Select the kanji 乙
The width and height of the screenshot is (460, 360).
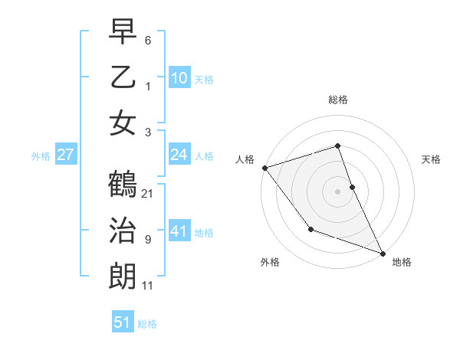click(123, 77)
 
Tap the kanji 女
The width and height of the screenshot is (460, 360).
click(123, 123)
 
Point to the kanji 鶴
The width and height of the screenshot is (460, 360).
click(123, 185)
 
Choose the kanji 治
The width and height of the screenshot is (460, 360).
click(123, 231)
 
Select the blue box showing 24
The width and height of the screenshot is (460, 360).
click(179, 155)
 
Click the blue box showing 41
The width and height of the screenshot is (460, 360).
click(179, 231)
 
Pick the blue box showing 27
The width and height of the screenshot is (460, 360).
click(65, 155)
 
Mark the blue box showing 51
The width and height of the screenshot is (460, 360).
click(123, 322)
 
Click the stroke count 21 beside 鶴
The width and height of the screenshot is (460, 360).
click(148, 193)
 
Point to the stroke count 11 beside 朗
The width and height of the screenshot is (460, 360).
click(147, 286)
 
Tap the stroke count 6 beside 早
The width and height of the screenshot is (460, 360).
click(148, 40)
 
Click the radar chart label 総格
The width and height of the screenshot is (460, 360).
click(338, 100)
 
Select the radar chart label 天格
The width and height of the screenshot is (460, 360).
click(432, 159)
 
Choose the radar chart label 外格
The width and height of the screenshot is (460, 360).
click(270, 262)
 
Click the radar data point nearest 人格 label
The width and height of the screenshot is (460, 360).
click(264, 167)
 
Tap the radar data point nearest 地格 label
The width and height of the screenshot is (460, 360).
click(383, 252)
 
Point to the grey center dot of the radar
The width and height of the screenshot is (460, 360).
click(338, 191)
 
